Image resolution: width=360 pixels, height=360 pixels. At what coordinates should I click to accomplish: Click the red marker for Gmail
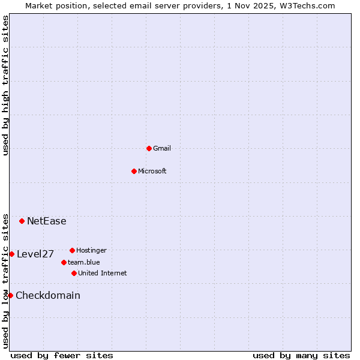click(149, 148)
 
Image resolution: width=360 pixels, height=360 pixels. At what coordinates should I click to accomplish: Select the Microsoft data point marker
click(134, 171)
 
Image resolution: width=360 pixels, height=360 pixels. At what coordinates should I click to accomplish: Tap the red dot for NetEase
click(22, 221)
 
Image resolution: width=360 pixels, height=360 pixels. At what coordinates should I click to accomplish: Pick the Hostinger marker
click(72, 250)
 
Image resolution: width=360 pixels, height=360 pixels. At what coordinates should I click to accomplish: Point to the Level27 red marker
click(11, 254)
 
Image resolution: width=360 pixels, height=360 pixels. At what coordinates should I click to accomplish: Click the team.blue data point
click(64, 262)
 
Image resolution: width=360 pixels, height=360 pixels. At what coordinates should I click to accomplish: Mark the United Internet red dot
click(74, 273)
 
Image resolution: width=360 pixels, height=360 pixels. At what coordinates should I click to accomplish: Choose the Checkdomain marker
click(10, 295)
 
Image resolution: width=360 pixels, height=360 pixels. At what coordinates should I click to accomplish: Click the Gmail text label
click(162, 148)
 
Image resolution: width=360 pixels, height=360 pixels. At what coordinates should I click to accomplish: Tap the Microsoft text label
click(152, 171)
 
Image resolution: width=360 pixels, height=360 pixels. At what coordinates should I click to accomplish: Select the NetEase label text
click(47, 221)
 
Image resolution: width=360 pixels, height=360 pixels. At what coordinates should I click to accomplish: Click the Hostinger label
click(91, 250)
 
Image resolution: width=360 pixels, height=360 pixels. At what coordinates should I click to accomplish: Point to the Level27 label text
click(35, 254)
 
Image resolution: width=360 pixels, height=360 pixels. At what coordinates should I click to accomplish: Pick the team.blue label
click(84, 262)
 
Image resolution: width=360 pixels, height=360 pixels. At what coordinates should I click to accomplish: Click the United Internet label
click(103, 273)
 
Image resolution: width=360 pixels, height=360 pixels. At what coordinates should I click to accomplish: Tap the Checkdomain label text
click(48, 295)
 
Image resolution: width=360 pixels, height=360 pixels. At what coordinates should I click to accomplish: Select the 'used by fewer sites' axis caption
click(62, 355)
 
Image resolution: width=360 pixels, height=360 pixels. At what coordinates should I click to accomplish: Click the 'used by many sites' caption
click(301, 355)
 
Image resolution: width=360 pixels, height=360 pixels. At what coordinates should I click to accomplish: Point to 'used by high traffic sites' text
click(5, 85)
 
